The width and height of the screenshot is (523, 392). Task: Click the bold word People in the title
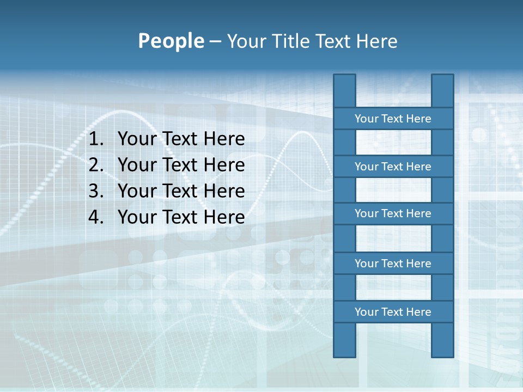click(x=171, y=41)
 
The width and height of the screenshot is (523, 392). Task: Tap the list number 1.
click(x=95, y=139)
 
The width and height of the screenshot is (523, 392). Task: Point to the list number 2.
click(x=95, y=165)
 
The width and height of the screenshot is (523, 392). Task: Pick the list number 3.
click(x=95, y=191)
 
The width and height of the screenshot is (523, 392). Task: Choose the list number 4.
click(x=95, y=217)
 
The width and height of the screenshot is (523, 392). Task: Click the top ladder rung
click(x=393, y=119)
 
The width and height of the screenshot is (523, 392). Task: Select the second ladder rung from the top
click(x=393, y=167)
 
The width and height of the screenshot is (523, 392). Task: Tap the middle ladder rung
click(x=393, y=213)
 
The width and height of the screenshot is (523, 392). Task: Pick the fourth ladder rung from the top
click(x=393, y=264)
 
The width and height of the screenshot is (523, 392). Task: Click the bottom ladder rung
click(x=393, y=312)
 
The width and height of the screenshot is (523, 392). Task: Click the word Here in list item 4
click(x=224, y=217)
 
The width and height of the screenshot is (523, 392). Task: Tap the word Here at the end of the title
click(x=376, y=41)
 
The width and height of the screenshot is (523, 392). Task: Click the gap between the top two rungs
click(x=393, y=143)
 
